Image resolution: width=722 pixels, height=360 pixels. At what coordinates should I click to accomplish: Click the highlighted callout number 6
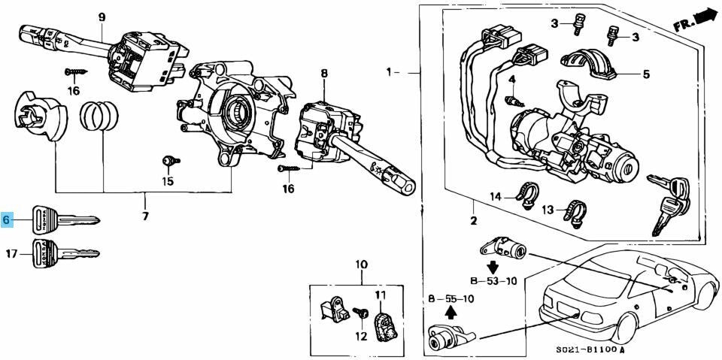7,220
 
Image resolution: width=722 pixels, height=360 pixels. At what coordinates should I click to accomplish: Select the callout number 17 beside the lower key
12,253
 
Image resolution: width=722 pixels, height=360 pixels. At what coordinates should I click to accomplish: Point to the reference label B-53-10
493,280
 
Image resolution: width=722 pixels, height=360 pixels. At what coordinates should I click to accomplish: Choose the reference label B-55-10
450,299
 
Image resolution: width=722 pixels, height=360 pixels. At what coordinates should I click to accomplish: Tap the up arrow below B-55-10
451,313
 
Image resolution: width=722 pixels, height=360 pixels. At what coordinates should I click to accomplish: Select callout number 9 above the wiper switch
102,17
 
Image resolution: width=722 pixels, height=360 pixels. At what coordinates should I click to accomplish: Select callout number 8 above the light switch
324,73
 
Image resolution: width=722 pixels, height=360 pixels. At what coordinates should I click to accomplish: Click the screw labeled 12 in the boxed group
361,313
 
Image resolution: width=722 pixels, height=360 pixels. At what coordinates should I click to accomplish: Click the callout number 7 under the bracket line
145,216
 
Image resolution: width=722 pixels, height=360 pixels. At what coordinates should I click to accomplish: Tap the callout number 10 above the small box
362,265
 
